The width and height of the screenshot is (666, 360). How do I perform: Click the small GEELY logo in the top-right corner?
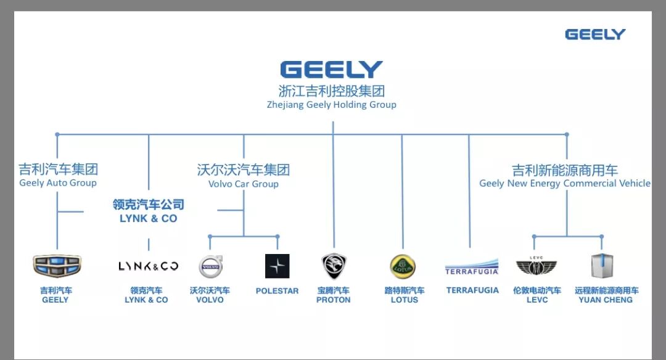pos(595,35)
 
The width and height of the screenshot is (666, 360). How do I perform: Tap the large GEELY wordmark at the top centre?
pos(332,70)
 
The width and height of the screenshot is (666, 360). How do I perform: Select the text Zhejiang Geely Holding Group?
pos(332,105)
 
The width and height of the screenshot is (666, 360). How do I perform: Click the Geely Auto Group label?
pos(58,183)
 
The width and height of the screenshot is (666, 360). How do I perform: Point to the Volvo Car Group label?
pos(244,184)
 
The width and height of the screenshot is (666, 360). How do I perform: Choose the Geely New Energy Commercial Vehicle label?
pos(565,183)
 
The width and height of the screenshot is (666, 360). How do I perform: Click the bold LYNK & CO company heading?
pos(148,218)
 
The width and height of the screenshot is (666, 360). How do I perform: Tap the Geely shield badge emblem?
pos(57,266)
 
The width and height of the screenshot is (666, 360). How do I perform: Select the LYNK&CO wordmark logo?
pos(148,266)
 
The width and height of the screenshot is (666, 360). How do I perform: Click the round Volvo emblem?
pos(210,266)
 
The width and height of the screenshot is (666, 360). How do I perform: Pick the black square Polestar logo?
pos(277,266)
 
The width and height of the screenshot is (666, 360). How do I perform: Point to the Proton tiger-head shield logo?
pos(334,266)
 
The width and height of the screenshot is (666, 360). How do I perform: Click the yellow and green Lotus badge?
pos(403,266)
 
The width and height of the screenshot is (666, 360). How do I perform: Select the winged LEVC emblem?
pos(536,266)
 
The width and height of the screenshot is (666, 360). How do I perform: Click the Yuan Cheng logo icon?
pos(602,266)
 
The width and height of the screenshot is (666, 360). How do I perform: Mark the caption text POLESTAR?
pos(277,291)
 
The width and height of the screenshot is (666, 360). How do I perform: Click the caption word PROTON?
pos(334,300)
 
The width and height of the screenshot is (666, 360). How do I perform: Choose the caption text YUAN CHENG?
pos(606,300)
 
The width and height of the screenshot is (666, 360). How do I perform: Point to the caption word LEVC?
pos(536,300)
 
